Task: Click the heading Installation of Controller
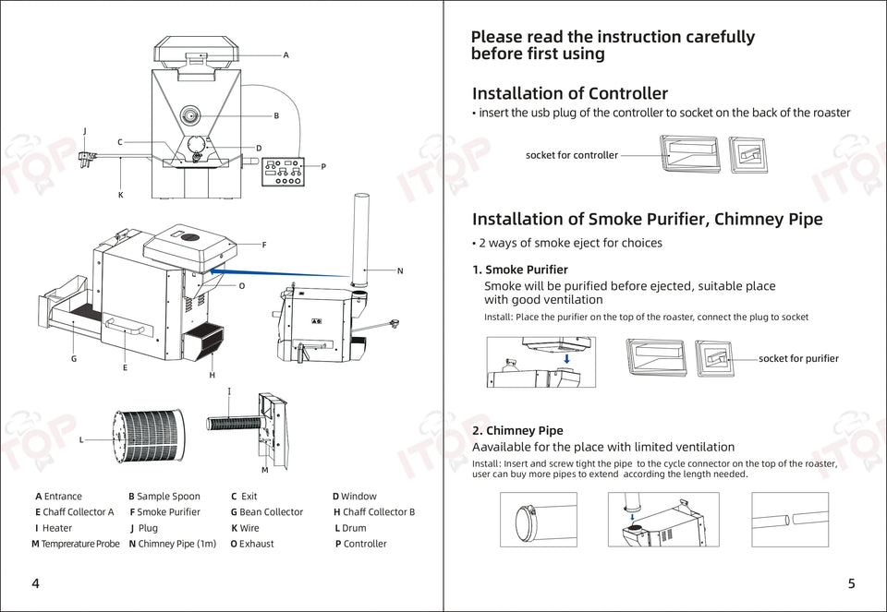click(x=569, y=93)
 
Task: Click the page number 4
click(x=35, y=583)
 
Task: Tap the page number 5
click(x=851, y=583)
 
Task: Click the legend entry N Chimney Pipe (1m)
click(x=172, y=544)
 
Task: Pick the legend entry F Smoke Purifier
click(x=164, y=511)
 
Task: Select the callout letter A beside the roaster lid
click(x=286, y=55)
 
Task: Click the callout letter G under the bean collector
click(x=74, y=358)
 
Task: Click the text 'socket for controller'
click(x=571, y=155)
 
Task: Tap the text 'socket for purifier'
click(x=798, y=358)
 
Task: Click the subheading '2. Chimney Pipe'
click(x=517, y=430)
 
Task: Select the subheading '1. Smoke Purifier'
click(x=519, y=270)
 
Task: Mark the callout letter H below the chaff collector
click(x=212, y=375)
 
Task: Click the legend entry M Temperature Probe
click(x=76, y=544)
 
